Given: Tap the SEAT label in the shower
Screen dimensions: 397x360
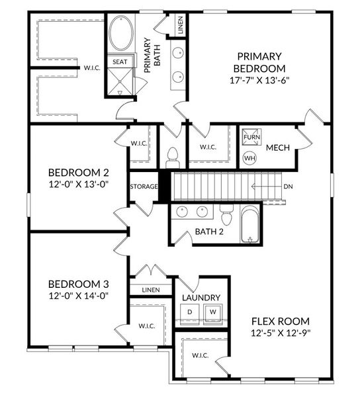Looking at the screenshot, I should pos(120,62).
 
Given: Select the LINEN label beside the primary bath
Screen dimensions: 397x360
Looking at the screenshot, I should pos(180,26).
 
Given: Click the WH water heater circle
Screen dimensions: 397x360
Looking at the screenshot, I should pos(250,158).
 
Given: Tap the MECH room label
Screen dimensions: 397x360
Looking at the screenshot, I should pos(277,148).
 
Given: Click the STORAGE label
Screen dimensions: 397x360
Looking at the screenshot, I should pos(144,187).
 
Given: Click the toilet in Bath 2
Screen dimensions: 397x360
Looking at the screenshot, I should pos(226,216).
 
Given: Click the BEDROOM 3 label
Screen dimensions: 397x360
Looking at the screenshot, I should pos(73,283).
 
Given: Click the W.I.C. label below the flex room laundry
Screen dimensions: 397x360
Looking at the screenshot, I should pos(201,356).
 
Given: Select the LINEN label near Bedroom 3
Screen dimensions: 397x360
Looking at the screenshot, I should pos(151,290).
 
